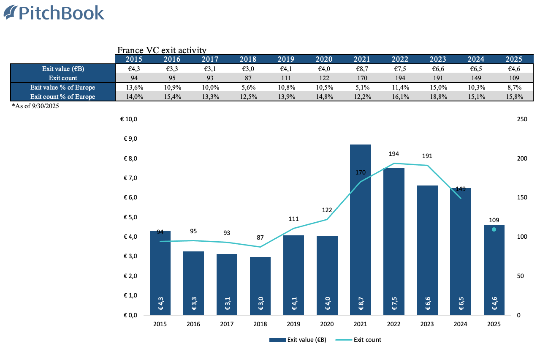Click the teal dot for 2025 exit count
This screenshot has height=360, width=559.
tap(494, 229)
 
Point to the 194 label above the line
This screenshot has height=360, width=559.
tap(394, 154)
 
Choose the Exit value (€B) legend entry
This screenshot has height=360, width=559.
tap(298, 340)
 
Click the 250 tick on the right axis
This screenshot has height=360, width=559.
tap(522, 120)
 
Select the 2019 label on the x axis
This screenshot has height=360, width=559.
tap(294, 324)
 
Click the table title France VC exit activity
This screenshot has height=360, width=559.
tap(162, 51)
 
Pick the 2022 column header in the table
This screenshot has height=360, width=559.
tap(400, 59)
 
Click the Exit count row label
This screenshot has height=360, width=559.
tap(63, 78)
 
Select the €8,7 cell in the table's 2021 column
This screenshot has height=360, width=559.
tap(362, 69)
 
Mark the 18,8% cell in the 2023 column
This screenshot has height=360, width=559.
tap(438, 97)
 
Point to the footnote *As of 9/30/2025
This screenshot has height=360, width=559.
tap(35, 106)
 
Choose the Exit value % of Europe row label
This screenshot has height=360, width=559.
tap(63, 87)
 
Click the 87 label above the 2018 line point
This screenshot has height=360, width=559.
tap(261, 238)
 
